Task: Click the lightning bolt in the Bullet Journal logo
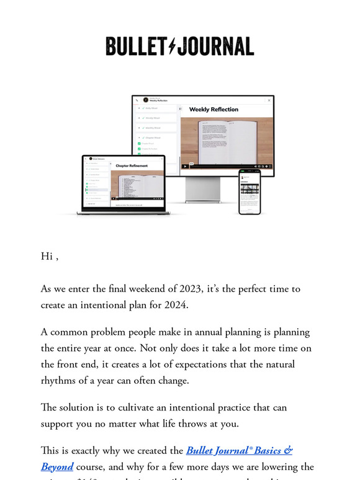[172, 47]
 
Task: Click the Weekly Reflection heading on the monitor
[214, 110]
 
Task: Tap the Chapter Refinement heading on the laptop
[131, 166]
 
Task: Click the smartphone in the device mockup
[249, 192]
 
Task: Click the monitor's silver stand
[203, 189]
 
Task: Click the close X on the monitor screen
[269, 100]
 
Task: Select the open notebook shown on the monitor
[227, 142]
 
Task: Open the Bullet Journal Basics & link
[239, 451]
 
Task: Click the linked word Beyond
[57, 466]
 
